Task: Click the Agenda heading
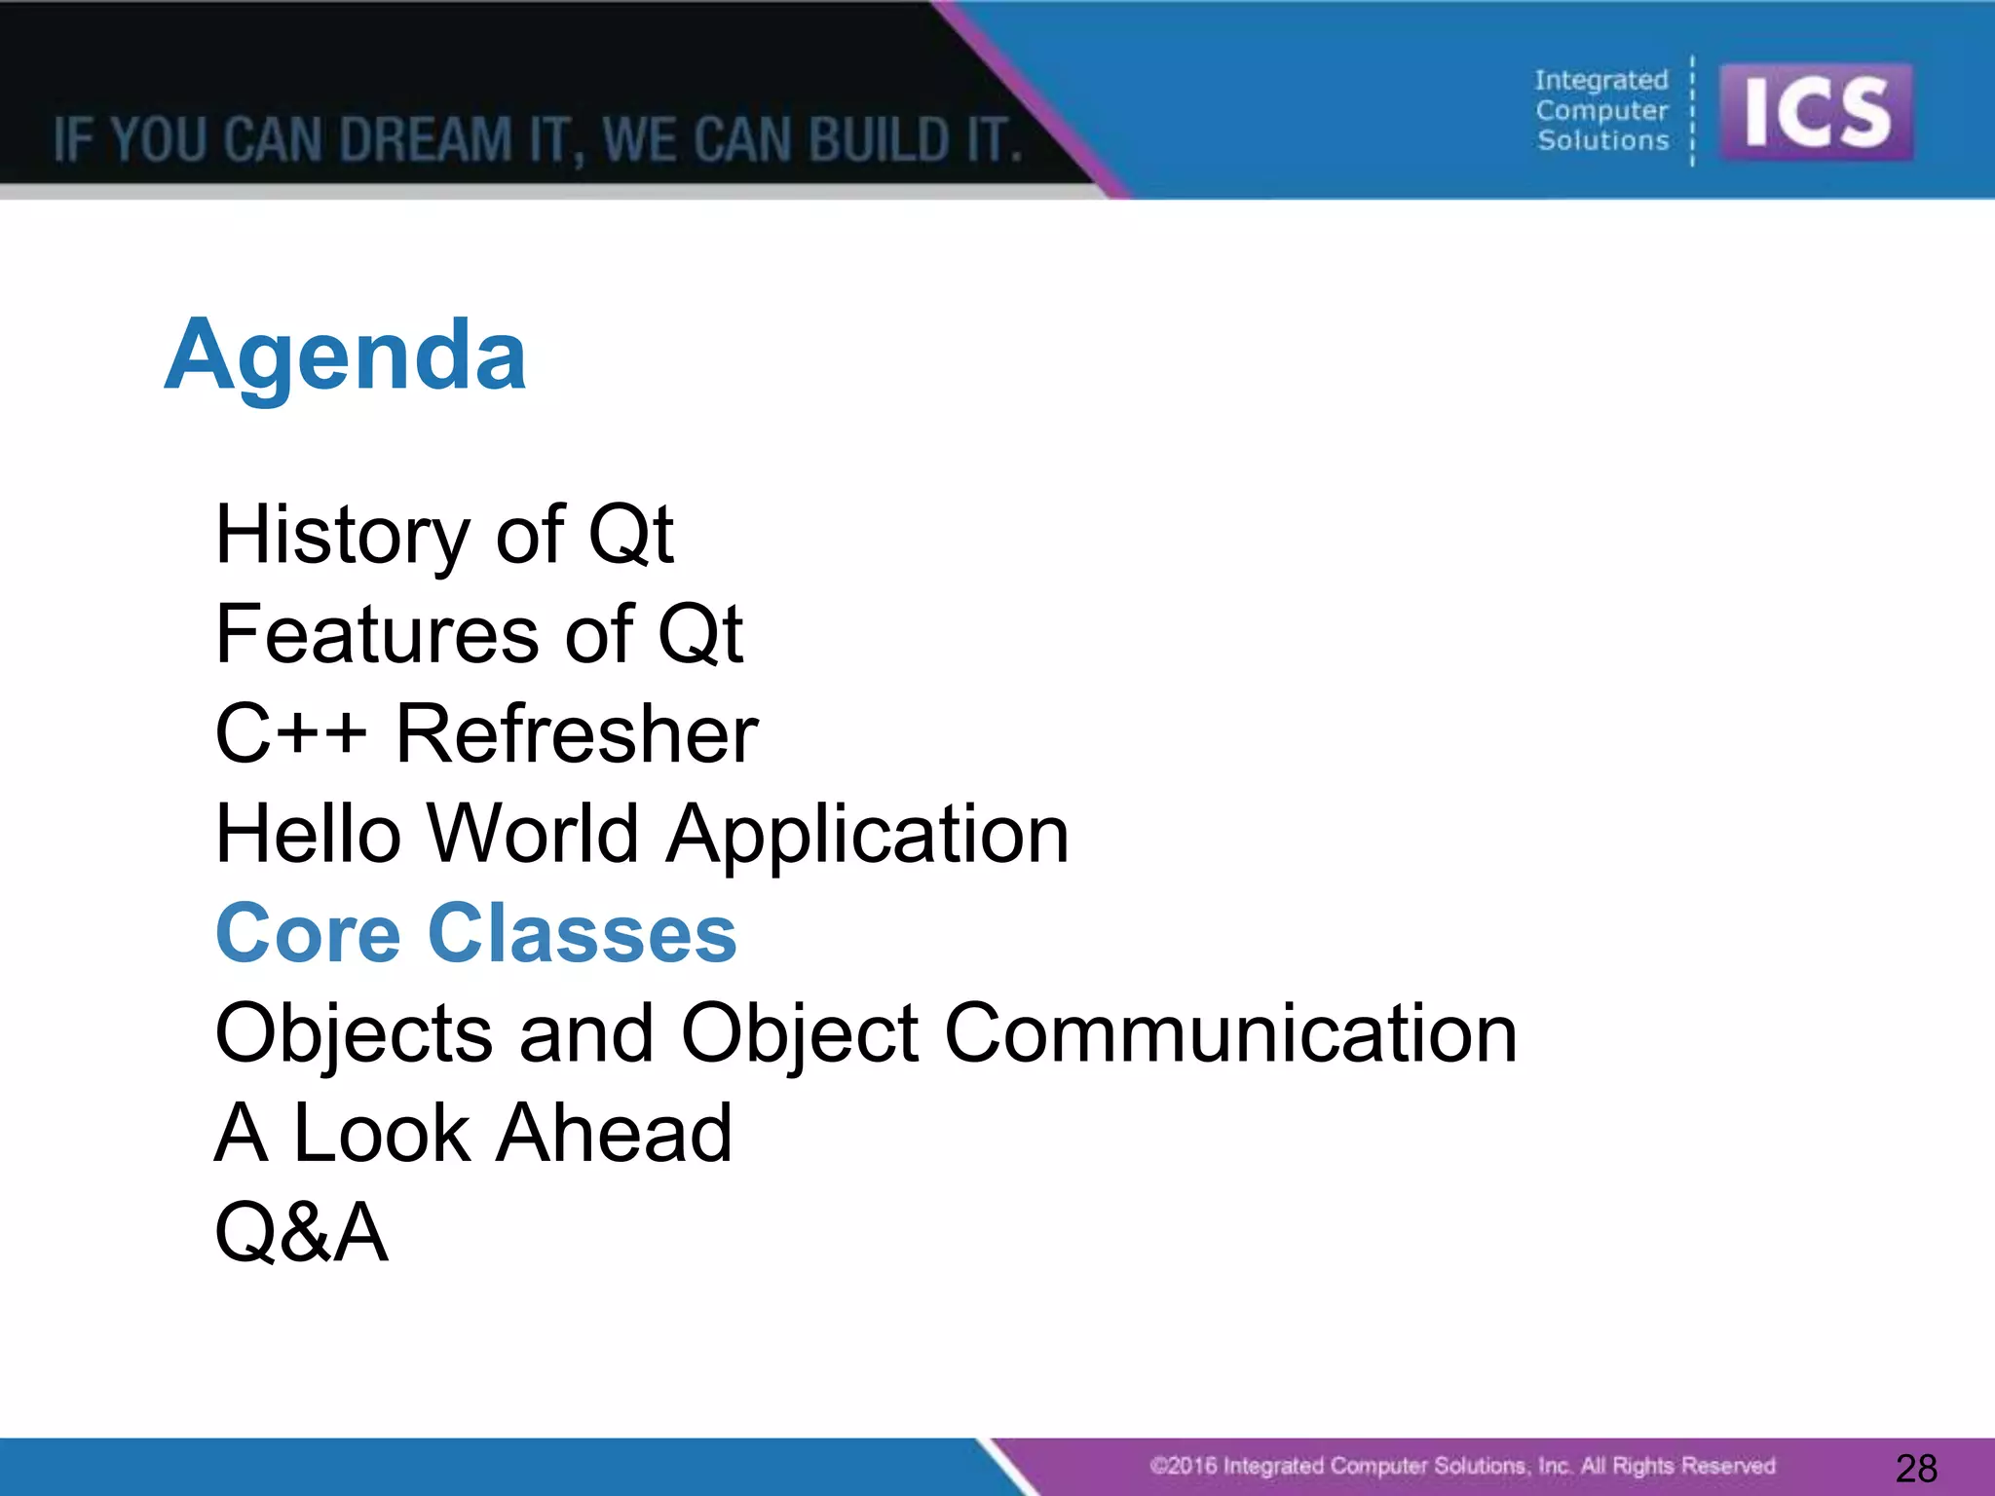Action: [x=346, y=356]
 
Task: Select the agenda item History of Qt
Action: [x=444, y=535]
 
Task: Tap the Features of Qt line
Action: [x=479, y=635]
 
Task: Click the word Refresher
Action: [x=577, y=734]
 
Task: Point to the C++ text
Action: [x=290, y=734]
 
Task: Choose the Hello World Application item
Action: [x=642, y=835]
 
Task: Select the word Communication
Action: [x=1230, y=1033]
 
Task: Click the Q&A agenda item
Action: [x=301, y=1233]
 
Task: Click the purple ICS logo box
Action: [x=1816, y=113]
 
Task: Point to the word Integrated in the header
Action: [x=1601, y=80]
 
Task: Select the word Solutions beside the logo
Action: [x=1603, y=140]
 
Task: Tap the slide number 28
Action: [x=1916, y=1468]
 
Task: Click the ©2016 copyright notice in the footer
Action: [x=1462, y=1466]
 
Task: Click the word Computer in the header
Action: [x=1601, y=110]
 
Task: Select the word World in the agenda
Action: [x=533, y=835]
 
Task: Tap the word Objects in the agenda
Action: [x=354, y=1033]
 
